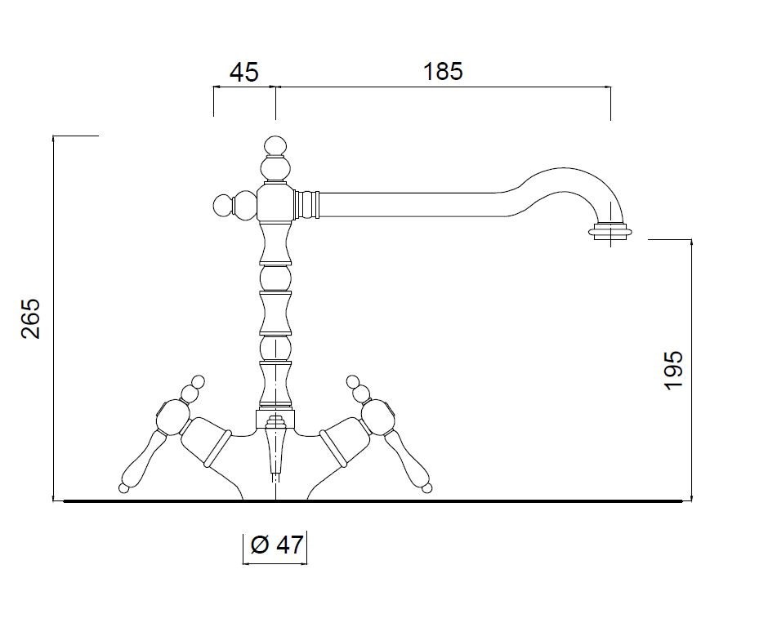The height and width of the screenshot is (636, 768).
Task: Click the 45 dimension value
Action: [244, 73]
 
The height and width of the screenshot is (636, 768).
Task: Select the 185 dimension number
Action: [442, 72]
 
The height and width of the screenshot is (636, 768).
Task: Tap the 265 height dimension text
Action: [31, 318]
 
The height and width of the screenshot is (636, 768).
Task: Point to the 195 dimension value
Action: [674, 370]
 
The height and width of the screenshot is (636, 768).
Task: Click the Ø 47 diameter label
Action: [277, 545]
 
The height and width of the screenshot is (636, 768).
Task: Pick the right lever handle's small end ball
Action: [427, 487]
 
